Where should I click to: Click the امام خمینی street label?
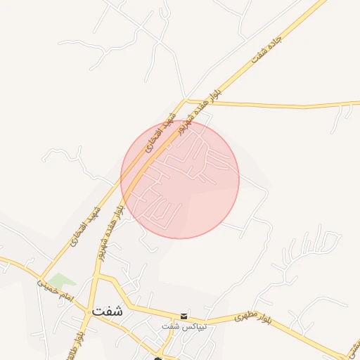(x=56, y=288)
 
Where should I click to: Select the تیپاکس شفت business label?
(x=179, y=327)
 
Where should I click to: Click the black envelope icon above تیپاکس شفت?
(x=184, y=316)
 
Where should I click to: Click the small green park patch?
(x=63, y=281)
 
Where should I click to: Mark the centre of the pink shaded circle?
(x=180, y=179)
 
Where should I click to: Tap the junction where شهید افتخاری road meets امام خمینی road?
(x=42, y=277)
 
